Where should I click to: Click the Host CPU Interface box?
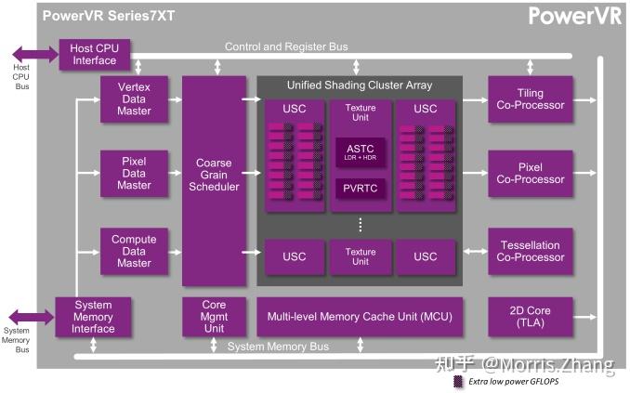(96, 54)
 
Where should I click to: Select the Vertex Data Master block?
(134, 98)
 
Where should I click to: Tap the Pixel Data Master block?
(134, 172)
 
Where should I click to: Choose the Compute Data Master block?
(134, 251)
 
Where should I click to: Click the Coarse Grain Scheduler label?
(214, 174)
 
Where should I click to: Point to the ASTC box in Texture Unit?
(360, 151)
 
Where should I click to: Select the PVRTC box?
(360, 189)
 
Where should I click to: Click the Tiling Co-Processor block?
(530, 98)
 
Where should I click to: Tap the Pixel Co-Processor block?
(530, 172)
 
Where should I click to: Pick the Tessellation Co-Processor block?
(530, 251)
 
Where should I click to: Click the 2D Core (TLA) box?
(530, 317)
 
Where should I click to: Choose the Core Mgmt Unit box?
(214, 317)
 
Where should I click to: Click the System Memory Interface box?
(93, 317)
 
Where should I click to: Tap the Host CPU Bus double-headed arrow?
(35, 54)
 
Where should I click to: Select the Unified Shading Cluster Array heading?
(360, 85)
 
